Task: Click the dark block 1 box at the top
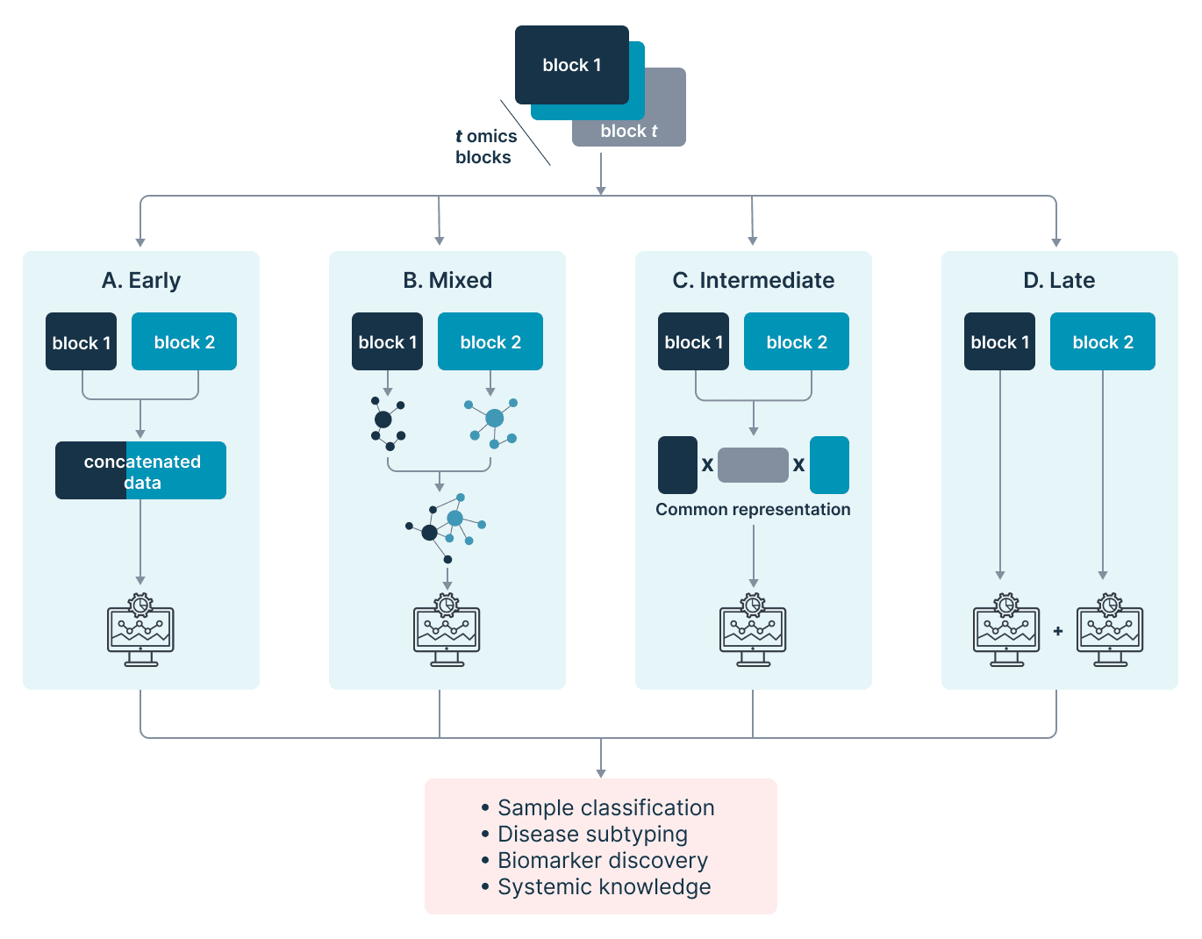pos(571,65)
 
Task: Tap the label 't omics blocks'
pos(485,147)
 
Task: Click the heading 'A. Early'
pos(141,280)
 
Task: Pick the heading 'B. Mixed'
pos(447,280)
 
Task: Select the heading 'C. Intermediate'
pos(753,280)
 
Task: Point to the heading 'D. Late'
pos(1059,280)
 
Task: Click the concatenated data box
pos(140,471)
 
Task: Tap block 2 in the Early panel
pos(184,342)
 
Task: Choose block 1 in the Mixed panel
pos(387,342)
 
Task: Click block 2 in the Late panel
pos(1103,342)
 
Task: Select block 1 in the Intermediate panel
pos(693,342)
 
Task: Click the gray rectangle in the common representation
pos(753,465)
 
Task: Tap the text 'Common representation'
pos(753,510)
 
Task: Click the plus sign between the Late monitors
pos(1058,631)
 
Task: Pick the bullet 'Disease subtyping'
pos(592,834)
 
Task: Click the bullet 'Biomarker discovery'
pos(602,860)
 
